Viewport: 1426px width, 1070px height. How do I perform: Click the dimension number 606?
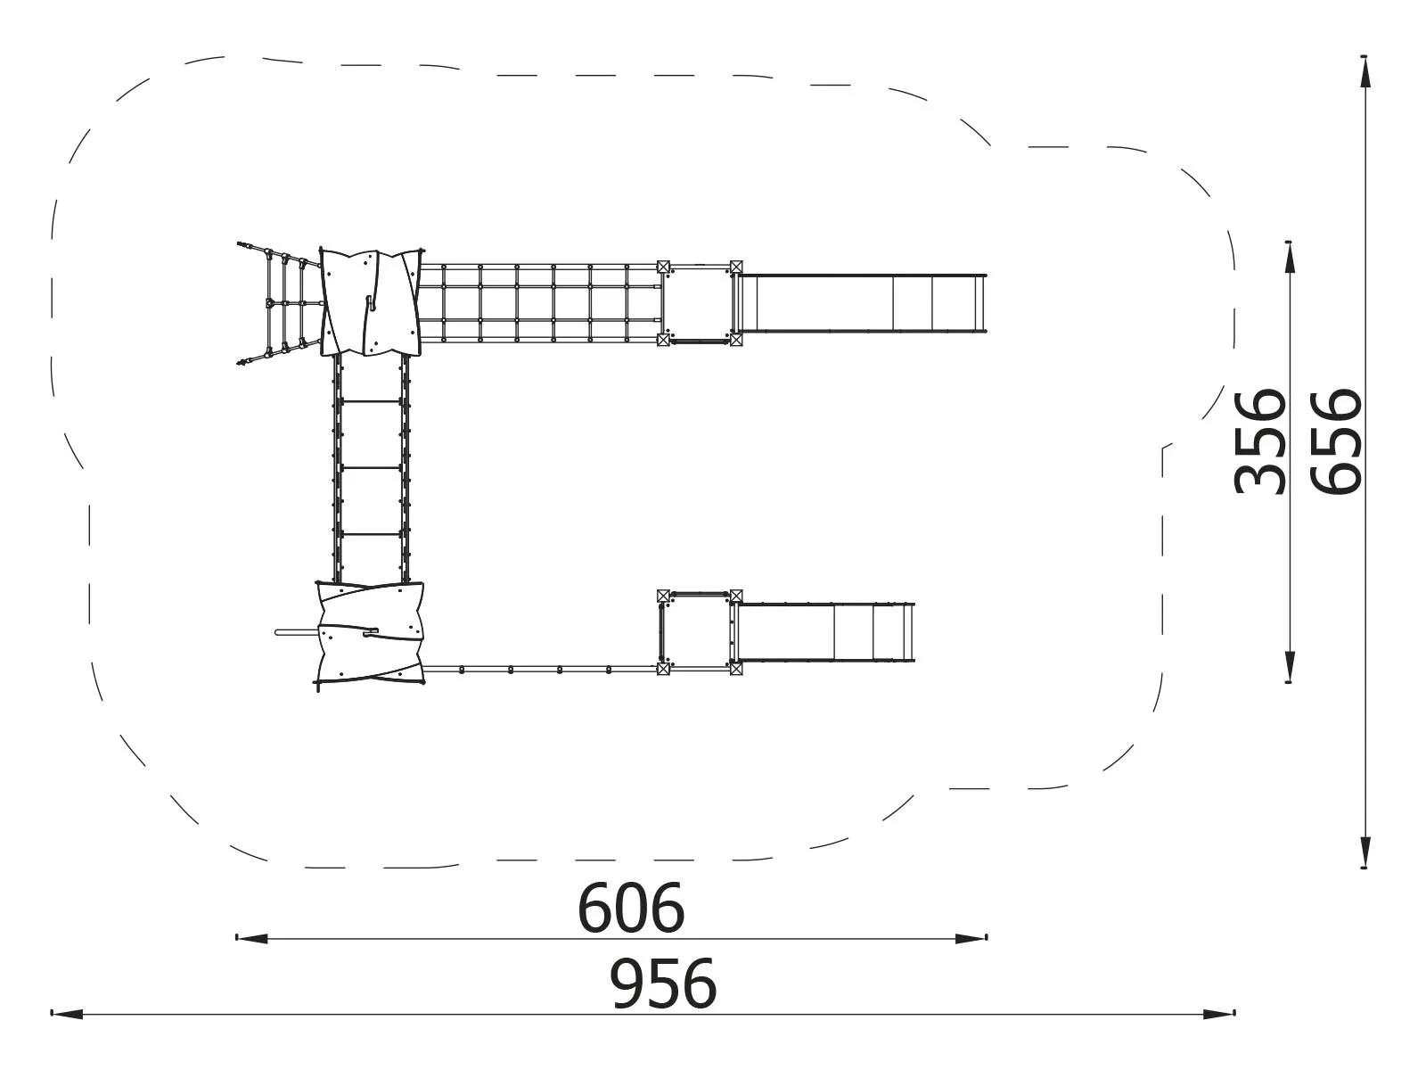(x=631, y=908)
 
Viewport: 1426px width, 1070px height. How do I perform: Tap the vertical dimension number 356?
(x=1260, y=440)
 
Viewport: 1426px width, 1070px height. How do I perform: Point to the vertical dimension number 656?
(x=1337, y=440)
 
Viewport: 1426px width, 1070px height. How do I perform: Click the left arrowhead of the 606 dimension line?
(x=250, y=938)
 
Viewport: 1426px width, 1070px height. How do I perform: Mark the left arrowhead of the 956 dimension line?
(x=67, y=1014)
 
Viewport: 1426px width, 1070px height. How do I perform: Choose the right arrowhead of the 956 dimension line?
(x=1219, y=1014)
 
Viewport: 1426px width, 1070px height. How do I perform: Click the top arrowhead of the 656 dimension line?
(x=1365, y=71)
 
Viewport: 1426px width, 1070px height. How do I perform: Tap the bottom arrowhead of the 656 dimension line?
(x=1365, y=852)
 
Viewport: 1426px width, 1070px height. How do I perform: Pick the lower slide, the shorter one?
(x=824, y=631)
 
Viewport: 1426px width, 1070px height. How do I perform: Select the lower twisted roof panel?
(x=369, y=631)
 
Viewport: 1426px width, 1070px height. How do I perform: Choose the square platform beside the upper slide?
(x=699, y=303)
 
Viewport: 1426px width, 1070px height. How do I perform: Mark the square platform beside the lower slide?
(x=699, y=631)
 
